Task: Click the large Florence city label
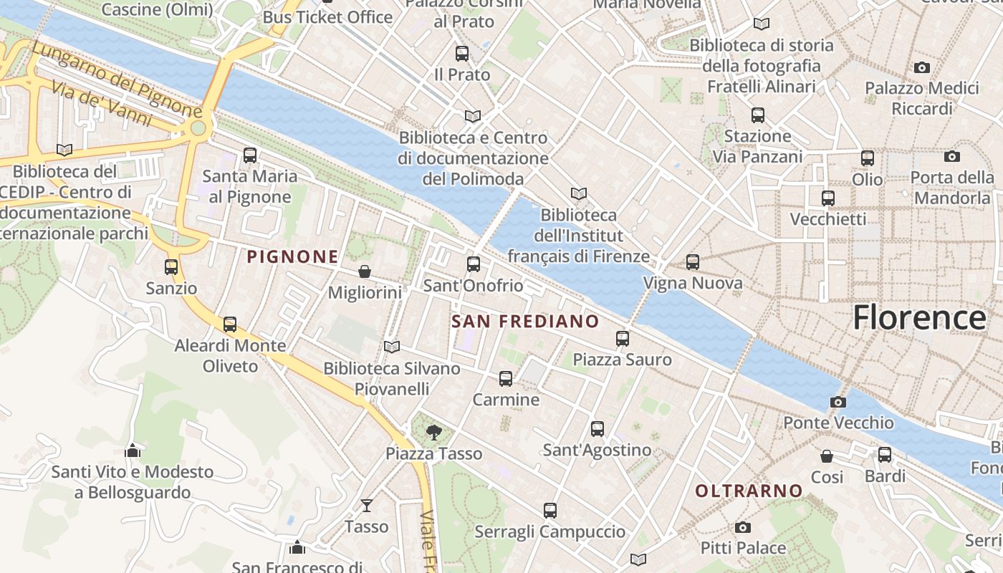tap(919, 317)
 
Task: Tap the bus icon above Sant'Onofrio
tap(474, 264)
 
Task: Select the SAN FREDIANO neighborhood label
tap(525, 322)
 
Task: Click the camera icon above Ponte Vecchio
tap(838, 402)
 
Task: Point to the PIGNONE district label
tap(292, 256)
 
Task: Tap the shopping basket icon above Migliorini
tap(365, 271)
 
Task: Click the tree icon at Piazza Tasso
tap(433, 432)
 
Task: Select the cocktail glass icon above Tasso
tap(367, 506)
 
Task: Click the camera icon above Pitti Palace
tap(743, 527)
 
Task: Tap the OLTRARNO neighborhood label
tap(749, 491)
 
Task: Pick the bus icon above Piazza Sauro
tap(622, 338)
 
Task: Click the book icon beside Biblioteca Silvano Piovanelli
tap(391, 347)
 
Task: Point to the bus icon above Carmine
tap(506, 378)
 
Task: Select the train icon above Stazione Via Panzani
tap(758, 115)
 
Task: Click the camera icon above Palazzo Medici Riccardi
tap(922, 67)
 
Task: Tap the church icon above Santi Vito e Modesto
tap(133, 451)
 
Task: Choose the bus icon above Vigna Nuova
tap(692, 262)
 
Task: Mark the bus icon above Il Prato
tap(462, 53)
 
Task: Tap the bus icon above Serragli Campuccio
tap(550, 510)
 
